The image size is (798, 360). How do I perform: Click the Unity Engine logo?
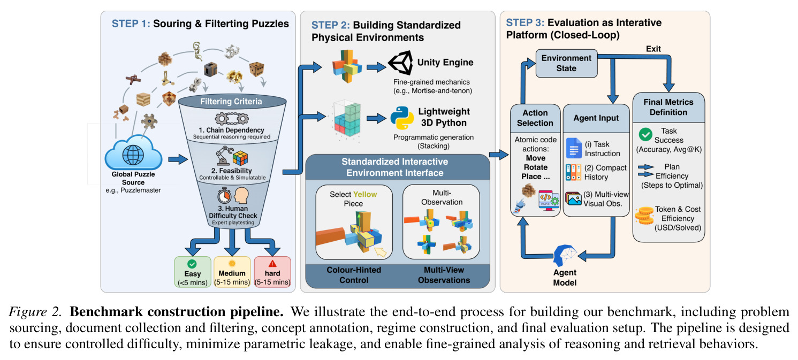[x=400, y=63]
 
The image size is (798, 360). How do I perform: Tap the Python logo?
[x=402, y=118]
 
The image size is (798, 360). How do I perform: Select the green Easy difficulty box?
[x=193, y=272]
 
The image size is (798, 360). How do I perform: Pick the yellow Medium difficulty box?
[x=232, y=272]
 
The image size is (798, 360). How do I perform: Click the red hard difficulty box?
[x=272, y=272]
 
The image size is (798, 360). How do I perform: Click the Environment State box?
[x=566, y=63]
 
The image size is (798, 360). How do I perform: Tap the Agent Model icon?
[x=565, y=255]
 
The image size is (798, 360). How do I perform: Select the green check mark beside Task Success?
[x=645, y=135]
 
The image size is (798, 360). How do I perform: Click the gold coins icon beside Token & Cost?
[x=644, y=216]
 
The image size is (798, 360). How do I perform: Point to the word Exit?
[x=653, y=49]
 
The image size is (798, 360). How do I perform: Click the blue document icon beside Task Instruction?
[x=574, y=148]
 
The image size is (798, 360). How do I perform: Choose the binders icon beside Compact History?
[x=573, y=172]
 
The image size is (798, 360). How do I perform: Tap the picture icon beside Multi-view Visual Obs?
[x=573, y=198]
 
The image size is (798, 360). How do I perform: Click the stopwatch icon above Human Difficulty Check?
[x=224, y=195]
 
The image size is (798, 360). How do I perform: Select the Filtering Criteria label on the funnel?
[x=231, y=102]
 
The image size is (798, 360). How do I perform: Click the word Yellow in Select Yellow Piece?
[x=365, y=194]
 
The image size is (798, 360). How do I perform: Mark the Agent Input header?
[x=596, y=118]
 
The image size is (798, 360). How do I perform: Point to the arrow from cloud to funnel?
[x=178, y=159]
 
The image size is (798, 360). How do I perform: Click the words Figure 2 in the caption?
[x=35, y=312]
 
